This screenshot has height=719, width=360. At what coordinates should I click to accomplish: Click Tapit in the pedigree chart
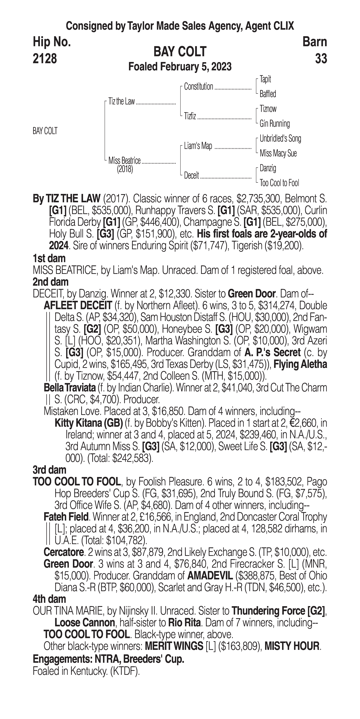(x=265, y=79)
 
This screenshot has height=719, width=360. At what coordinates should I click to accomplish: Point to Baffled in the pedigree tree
(x=268, y=94)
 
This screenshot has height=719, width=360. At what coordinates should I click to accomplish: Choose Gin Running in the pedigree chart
(x=275, y=124)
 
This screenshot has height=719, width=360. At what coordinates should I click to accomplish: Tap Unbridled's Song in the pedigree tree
(x=280, y=138)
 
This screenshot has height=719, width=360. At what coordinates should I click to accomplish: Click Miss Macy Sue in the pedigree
(x=278, y=153)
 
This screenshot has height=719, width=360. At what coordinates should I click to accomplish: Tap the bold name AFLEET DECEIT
(x=78, y=306)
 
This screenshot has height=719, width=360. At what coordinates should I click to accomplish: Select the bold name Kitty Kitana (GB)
(x=89, y=423)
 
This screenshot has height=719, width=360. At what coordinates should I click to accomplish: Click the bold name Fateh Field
(x=66, y=517)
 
